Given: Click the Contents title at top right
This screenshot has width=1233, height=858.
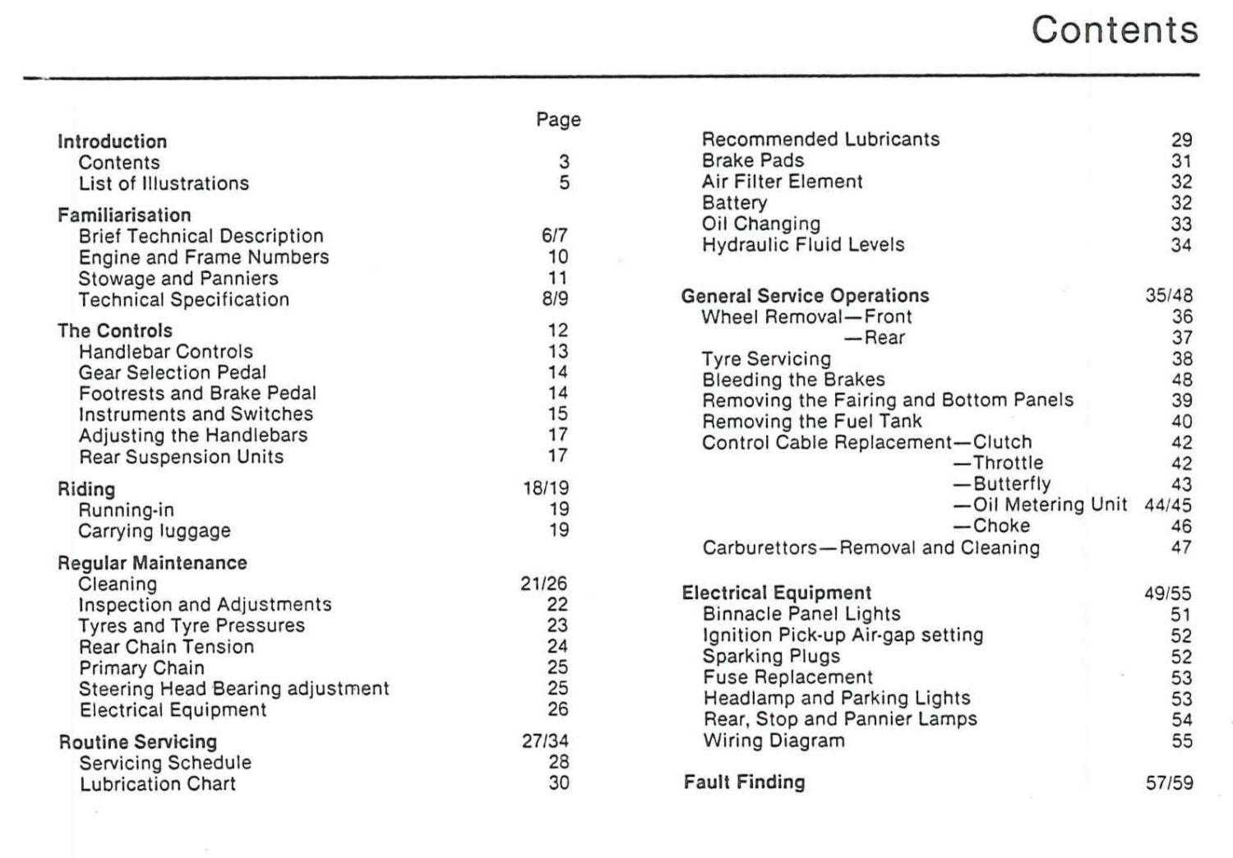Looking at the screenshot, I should [1115, 30].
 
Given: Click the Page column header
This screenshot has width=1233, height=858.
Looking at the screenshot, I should [558, 120].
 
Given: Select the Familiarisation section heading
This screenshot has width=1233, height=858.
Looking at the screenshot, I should [124, 215].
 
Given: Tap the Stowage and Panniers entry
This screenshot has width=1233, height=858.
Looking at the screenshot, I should [178, 279].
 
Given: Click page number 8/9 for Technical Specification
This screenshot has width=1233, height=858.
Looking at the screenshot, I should [555, 299].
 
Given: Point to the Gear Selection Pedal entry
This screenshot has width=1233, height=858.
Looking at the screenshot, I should [173, 372].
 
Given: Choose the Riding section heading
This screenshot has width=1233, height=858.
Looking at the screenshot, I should [86, 489].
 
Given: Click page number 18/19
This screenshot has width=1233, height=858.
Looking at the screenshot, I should [546, 488].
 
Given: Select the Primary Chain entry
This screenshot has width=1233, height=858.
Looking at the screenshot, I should [141, 668].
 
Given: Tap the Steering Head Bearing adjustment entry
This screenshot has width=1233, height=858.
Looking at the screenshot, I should [233, 689].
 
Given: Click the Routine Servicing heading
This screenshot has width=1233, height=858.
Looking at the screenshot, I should [138, 742].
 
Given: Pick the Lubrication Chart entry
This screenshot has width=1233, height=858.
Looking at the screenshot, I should [158, 784].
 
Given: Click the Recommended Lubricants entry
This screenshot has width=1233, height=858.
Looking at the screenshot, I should [820, 140].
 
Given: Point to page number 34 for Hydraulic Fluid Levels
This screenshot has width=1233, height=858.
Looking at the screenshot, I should [1181, 245].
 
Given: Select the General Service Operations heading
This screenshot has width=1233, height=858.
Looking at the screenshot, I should [805, 296].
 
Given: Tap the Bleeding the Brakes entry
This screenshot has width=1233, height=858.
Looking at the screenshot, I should [793, 380].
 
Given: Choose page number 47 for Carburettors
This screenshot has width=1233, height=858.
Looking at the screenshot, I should [1181, 547].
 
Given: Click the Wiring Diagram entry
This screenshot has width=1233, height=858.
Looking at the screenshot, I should [774, 740].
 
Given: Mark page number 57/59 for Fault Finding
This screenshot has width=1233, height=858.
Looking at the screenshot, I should [1169, 783].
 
